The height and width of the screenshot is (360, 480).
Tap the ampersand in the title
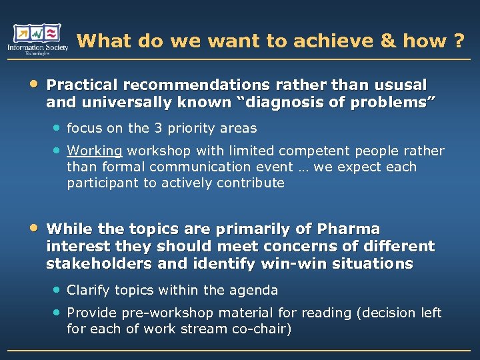coord(387,41)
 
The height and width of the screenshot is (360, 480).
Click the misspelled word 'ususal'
coord(401,85)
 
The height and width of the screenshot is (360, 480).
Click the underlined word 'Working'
coord(95,151)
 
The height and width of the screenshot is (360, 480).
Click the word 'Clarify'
coord(89,290)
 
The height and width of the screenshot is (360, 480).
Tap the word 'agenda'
coord(256,290)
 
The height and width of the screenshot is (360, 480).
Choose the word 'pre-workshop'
coord(163,313)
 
